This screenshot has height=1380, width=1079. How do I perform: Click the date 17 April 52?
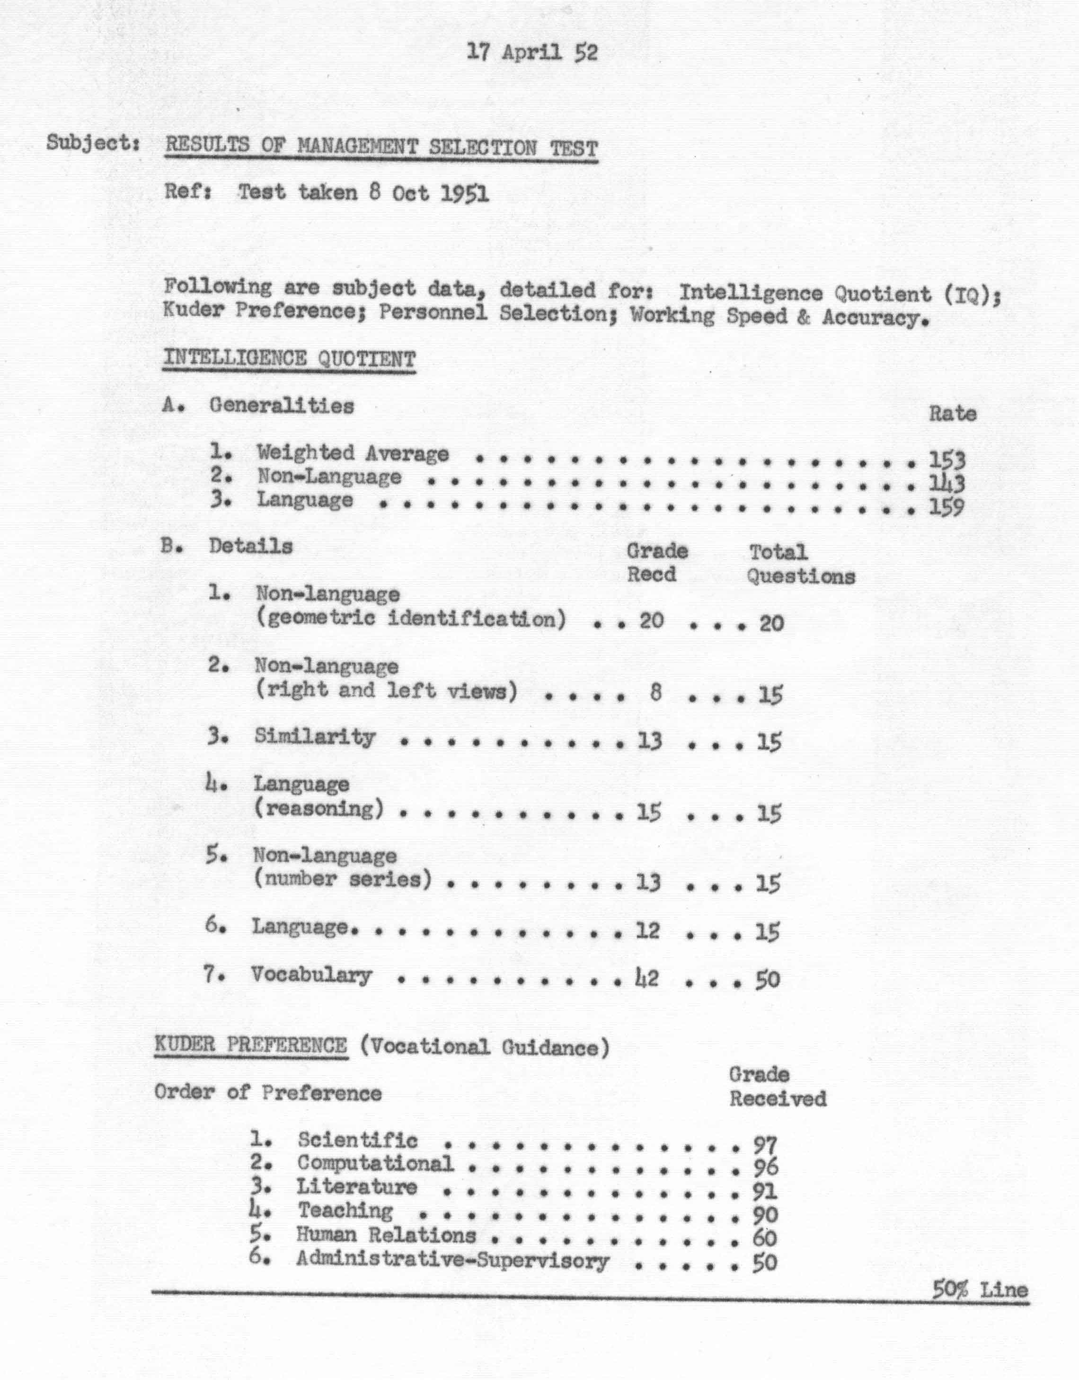coord(532,52)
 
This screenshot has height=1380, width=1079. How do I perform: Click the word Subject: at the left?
coord(92,143)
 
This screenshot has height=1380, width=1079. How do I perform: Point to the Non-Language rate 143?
coord(947,483)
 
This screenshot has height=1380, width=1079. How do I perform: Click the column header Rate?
coord(952,414)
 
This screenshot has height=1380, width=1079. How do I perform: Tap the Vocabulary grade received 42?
coord(646,978)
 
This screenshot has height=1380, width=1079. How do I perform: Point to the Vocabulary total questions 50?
coord(768,980)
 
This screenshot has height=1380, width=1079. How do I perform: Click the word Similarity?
coord(315,737)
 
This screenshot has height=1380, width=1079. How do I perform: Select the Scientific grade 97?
coord(765,1144)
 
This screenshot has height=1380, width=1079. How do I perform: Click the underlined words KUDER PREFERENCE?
coord(251,1046)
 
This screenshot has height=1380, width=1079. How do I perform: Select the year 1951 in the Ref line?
coord(464,193)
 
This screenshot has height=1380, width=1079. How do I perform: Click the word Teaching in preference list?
coord(345,1211)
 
